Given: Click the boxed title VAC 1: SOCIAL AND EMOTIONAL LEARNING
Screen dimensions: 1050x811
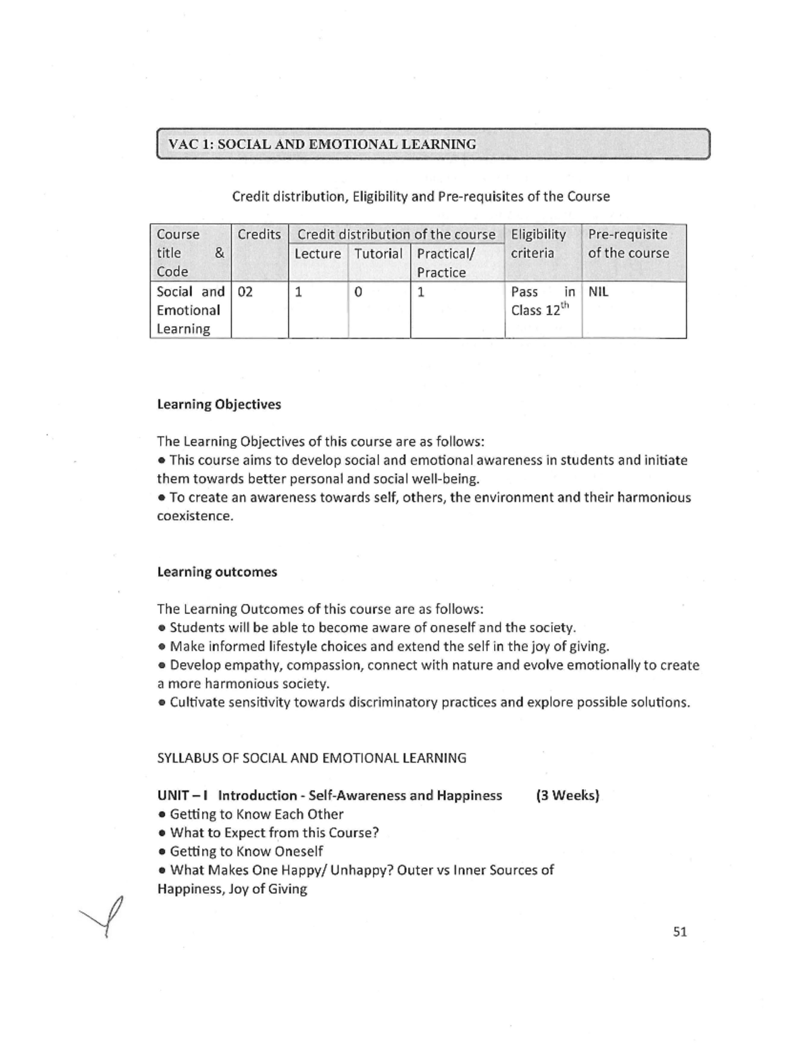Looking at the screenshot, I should coord(322,144).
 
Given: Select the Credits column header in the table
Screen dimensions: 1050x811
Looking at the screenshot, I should coord(259,235).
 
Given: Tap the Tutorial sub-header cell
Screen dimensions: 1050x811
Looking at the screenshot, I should coord(378,254).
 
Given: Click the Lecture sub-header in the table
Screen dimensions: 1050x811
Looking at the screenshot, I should coord(318,254).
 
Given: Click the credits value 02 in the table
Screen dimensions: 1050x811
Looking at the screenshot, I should coord(245,292).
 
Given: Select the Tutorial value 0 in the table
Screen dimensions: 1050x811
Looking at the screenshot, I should coord(358,292).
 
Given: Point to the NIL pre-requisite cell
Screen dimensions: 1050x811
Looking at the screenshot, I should coord(598,292).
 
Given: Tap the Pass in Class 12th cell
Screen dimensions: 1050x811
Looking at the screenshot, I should coord(542,302).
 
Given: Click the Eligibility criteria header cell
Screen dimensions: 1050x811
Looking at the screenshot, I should coord(539,244).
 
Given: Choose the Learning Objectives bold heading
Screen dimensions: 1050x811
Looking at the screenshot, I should coord(219,404).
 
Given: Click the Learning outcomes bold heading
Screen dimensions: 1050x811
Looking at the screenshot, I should coord(217,572).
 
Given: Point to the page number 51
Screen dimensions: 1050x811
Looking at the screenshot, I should coord(680,932).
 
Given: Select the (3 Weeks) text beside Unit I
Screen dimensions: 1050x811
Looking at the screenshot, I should coord(568,795).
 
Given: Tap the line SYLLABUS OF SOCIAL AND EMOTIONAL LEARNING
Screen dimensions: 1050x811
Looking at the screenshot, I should coord(312,758).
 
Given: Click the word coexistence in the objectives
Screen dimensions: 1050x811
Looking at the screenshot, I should coord(194,516).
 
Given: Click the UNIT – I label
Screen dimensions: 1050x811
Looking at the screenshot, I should coord(182,795).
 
